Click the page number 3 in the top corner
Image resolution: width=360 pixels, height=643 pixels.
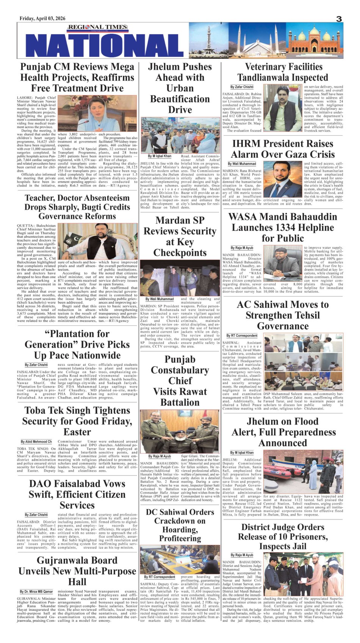pos(339,19)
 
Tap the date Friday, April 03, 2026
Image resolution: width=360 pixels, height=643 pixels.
pos(42,19)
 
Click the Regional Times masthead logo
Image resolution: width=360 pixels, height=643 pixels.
pos(98,27)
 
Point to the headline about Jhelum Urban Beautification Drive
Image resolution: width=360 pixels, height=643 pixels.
pos(180,88)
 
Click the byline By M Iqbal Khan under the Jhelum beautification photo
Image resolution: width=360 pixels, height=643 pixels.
pos(160,156)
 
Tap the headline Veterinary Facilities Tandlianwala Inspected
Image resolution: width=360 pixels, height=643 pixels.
pos(283,72)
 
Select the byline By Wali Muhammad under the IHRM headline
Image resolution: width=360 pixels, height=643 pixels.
pos(242,164)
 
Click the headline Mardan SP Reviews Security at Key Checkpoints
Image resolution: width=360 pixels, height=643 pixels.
pos(180,236)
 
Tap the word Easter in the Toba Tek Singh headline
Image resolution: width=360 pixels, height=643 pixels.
pos(77,432)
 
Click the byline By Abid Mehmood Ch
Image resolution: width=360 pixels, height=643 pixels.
pos(36,442)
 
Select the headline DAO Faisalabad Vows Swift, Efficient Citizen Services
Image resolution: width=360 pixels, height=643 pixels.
pos(77,494)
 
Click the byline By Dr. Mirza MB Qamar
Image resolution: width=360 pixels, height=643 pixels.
pos(36,591)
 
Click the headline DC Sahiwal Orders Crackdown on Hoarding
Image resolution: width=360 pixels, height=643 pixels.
pos(180,525)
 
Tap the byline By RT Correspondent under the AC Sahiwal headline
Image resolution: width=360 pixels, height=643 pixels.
pos(242,336)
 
